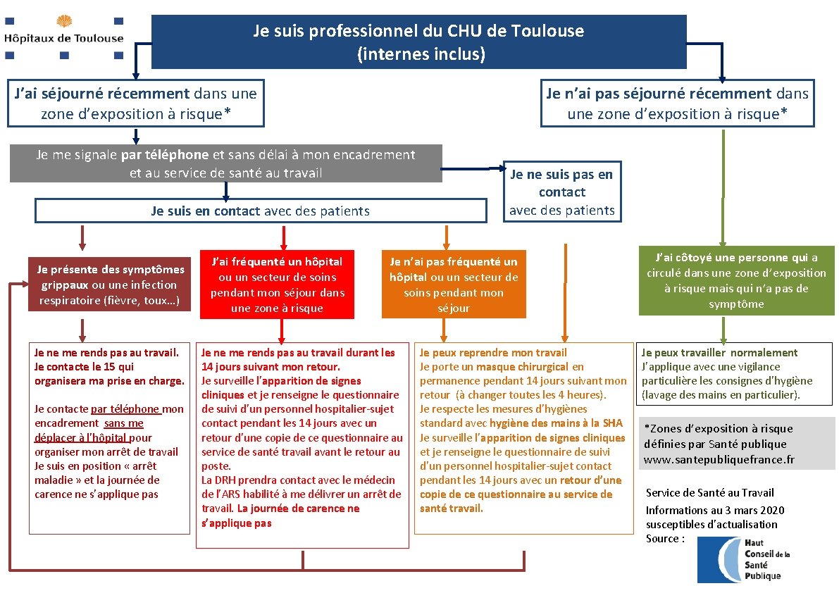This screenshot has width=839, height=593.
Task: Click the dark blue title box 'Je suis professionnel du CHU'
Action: [x=418, y=42]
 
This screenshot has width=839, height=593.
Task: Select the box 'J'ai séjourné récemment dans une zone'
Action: [x=136, y=103]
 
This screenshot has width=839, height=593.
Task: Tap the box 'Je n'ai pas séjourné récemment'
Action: [x=677, y=103]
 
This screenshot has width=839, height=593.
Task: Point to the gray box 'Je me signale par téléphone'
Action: [x=225, y=163]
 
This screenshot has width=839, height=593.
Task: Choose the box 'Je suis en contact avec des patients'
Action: [x=260, y=211]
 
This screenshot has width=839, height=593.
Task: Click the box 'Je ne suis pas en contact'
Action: [x=561, y=192]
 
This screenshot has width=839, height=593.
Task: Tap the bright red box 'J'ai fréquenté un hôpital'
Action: [x=276, y=285]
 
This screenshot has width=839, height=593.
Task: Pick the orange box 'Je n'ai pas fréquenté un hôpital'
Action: [x=453, y=285]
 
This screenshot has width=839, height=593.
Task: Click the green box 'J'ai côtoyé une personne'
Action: [x=735, y=280]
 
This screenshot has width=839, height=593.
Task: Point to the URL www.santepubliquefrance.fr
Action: [x=719, y=459]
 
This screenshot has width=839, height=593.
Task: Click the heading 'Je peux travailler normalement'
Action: [x=719, y=352]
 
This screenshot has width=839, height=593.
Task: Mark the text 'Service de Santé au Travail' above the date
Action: [x=709, y=492]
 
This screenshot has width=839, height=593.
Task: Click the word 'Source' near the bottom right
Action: [x=663, y=538]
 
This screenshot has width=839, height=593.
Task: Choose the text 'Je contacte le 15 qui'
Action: [x=84, y=366]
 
